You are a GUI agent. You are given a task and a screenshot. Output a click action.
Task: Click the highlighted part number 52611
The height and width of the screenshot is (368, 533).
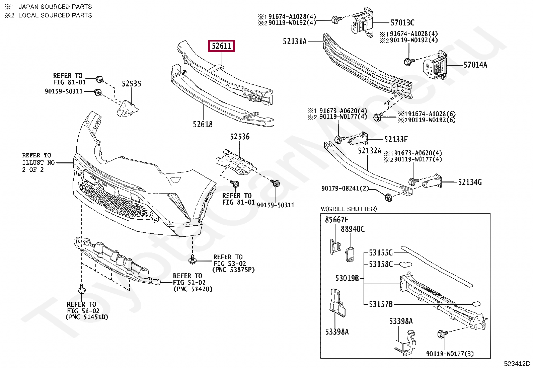221,46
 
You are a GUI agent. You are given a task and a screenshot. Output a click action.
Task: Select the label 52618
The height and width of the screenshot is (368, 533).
203,125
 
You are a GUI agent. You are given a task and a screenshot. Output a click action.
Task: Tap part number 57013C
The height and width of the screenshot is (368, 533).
402,23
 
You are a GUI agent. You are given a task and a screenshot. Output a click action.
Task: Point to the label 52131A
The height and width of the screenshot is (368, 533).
295,42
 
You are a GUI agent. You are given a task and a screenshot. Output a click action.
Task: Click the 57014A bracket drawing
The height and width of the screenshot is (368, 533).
436,66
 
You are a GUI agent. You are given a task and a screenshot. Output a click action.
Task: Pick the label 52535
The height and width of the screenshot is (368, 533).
131,84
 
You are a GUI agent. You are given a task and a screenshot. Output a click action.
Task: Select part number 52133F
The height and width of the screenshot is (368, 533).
396,139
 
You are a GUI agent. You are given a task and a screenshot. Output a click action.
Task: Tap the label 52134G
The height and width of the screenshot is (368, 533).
470,182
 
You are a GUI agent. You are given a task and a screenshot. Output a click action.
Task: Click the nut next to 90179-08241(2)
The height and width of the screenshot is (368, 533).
388,198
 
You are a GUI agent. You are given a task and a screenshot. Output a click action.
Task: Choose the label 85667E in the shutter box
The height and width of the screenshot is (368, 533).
336,220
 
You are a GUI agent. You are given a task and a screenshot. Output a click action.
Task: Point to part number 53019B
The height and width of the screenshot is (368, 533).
347,278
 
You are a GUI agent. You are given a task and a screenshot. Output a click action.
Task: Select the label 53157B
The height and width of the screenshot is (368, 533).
380,304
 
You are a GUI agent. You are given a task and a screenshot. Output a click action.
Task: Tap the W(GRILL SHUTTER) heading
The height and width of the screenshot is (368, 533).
349,209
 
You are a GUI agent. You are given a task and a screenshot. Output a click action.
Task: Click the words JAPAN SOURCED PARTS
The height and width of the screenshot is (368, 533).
55,7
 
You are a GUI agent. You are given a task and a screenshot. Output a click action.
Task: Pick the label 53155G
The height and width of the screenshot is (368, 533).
380,253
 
